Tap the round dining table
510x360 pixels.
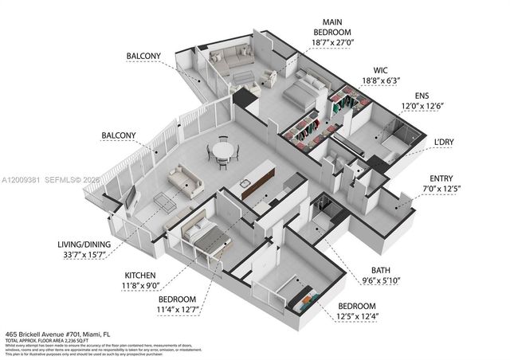click(x=223, y=149)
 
